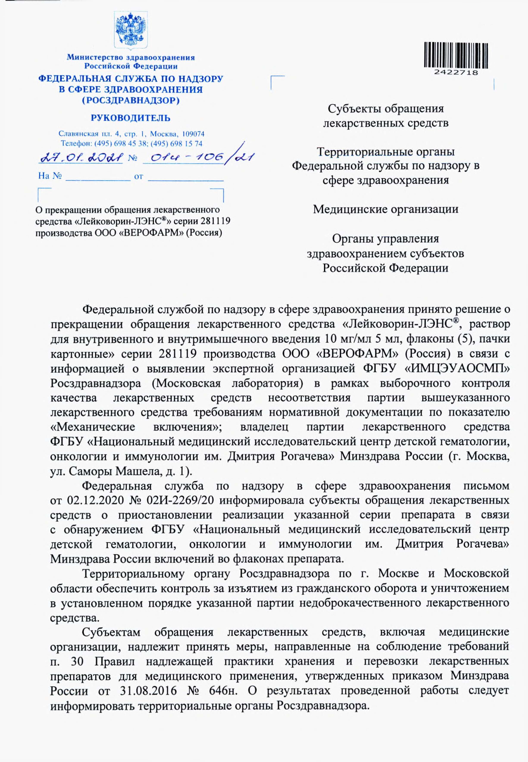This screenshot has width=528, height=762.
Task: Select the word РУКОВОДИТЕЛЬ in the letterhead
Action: point(131,118)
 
